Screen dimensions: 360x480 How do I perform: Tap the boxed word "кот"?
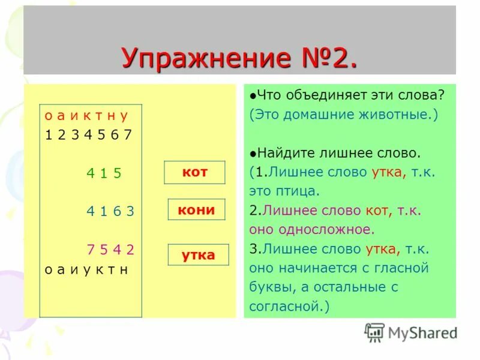click(x=194, y=172)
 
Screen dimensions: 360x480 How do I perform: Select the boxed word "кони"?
click(x=196, y=209)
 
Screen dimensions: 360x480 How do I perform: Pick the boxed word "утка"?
click(x=198, y=255)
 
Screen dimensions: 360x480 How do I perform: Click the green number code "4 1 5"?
click(x=104, y=173)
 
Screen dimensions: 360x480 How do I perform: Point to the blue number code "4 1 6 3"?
click(x=110, y=211)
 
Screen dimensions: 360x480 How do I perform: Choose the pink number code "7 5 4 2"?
click(x=110, y=250)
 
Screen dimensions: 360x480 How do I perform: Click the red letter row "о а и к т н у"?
click(x=86, y=115)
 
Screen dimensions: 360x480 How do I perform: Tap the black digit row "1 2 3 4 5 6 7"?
click(x=88, y=134)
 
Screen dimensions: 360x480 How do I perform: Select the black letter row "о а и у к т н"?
click(x=86, y=269)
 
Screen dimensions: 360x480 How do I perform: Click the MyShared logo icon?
click(x=374, y=332)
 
